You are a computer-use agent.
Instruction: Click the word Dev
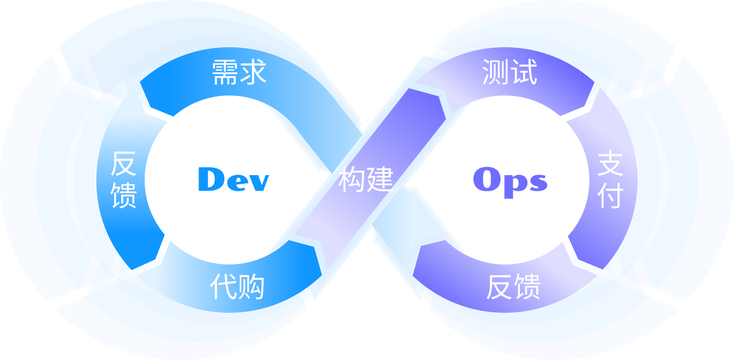click(x=233, y=179)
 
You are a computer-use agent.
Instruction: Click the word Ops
click(x=510, y=180)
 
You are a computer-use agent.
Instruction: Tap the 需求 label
click(x=239, y=72)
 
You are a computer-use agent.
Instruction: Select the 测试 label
click(x=510, y=72)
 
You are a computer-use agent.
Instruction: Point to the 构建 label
click(x=366, y=179)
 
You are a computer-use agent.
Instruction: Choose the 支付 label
click(x=610, y=181)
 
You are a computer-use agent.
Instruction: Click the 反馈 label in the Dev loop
click(x=124, y=180)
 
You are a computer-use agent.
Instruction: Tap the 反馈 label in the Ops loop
click(x=513, y=287)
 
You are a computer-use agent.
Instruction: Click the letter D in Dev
click(x=210, y=179)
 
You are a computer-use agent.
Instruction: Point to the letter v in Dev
click(x=257, y=182)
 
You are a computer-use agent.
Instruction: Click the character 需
click(x=225, y=72)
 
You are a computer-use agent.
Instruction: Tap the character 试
click(x=524, y=72)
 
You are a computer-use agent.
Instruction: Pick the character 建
click(x=379, y=179)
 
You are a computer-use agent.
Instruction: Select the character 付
click(x=610, y=196)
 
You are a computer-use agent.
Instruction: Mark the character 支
click(x=610, y=164)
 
